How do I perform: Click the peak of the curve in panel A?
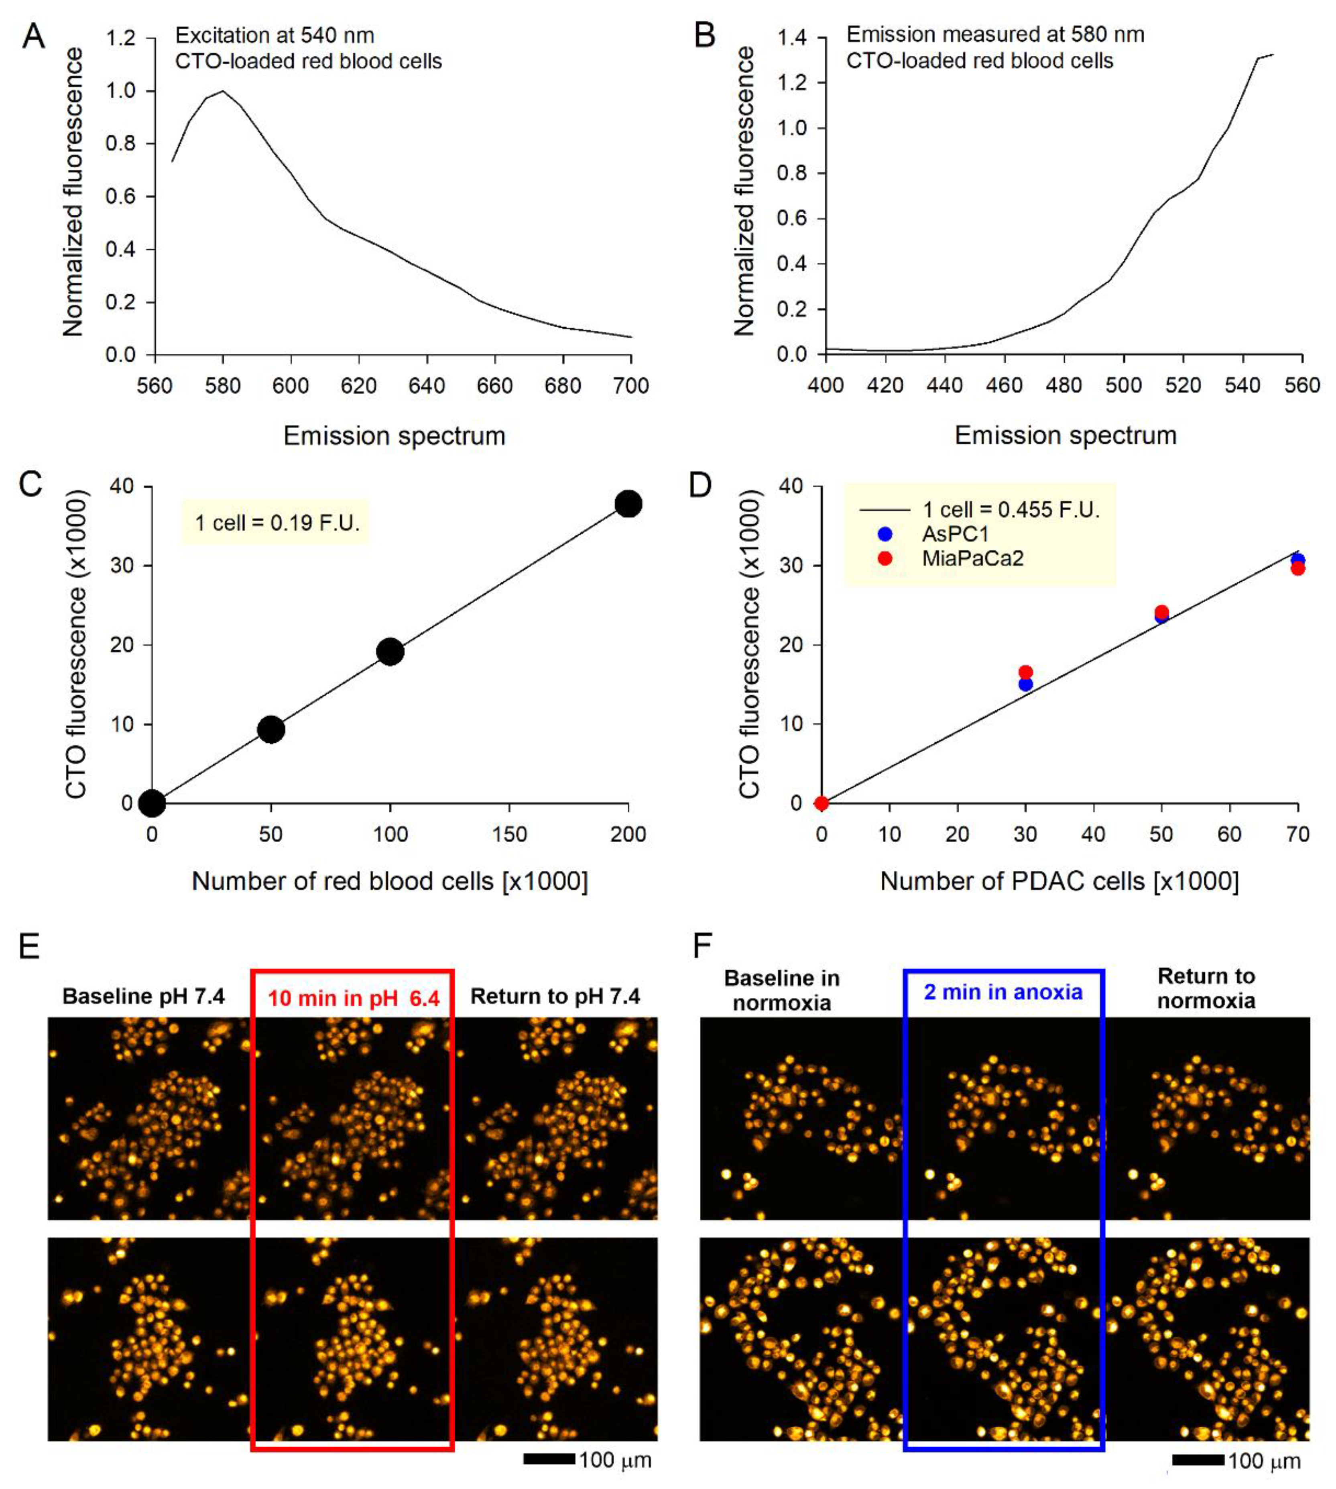(222, 91)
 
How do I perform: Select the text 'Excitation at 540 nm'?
(275, 35)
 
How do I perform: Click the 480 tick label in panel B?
(1064, 385)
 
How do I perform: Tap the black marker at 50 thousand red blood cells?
(271, 729)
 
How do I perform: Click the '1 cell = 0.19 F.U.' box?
(276, 523)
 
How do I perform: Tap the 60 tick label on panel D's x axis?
(1230, 835)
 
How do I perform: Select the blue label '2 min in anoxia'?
(1003, 993)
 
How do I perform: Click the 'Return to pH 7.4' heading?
(555, 996)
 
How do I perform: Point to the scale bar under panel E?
(549, 1459)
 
